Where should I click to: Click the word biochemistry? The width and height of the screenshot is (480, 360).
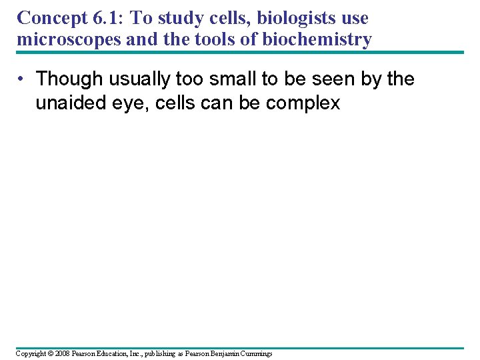tap(317, 40)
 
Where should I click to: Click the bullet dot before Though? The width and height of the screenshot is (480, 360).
tap(22, 79)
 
